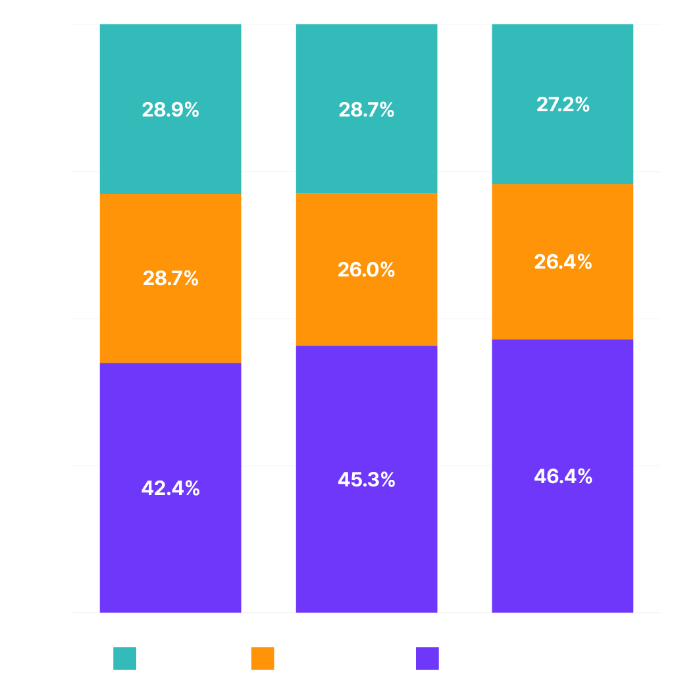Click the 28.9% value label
tap(170, 109)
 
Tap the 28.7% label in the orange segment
tap(170, 278)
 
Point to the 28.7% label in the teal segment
tap(366, 109)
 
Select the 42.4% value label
tap(170, 488)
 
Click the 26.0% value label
tap(366, 269)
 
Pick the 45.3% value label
tap(366, 479)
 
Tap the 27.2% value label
tap(563, 104)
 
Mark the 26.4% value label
tap(563, 261)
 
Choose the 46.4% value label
tap(563, 476)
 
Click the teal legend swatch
tap(124, 658)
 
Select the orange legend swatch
tap(263, 658)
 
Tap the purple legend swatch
tap(427, 658)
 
